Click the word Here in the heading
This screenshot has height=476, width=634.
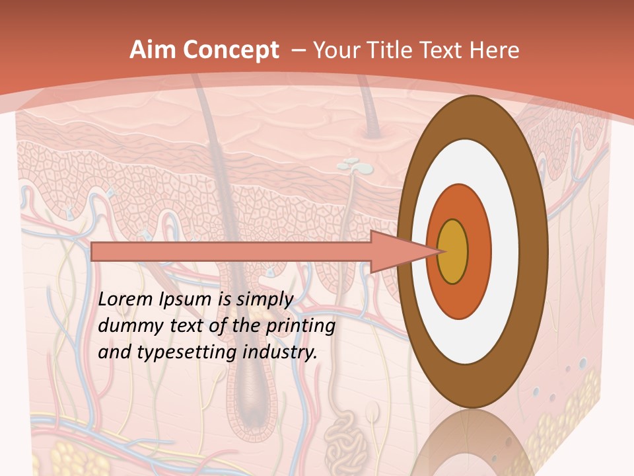495,50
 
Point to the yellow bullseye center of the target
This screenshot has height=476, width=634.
453,252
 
